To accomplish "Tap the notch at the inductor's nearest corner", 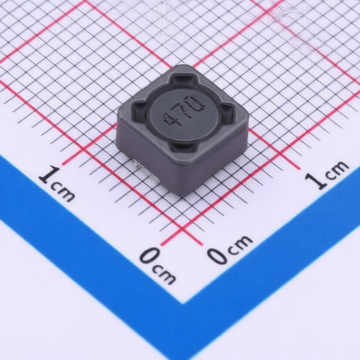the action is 182,147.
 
